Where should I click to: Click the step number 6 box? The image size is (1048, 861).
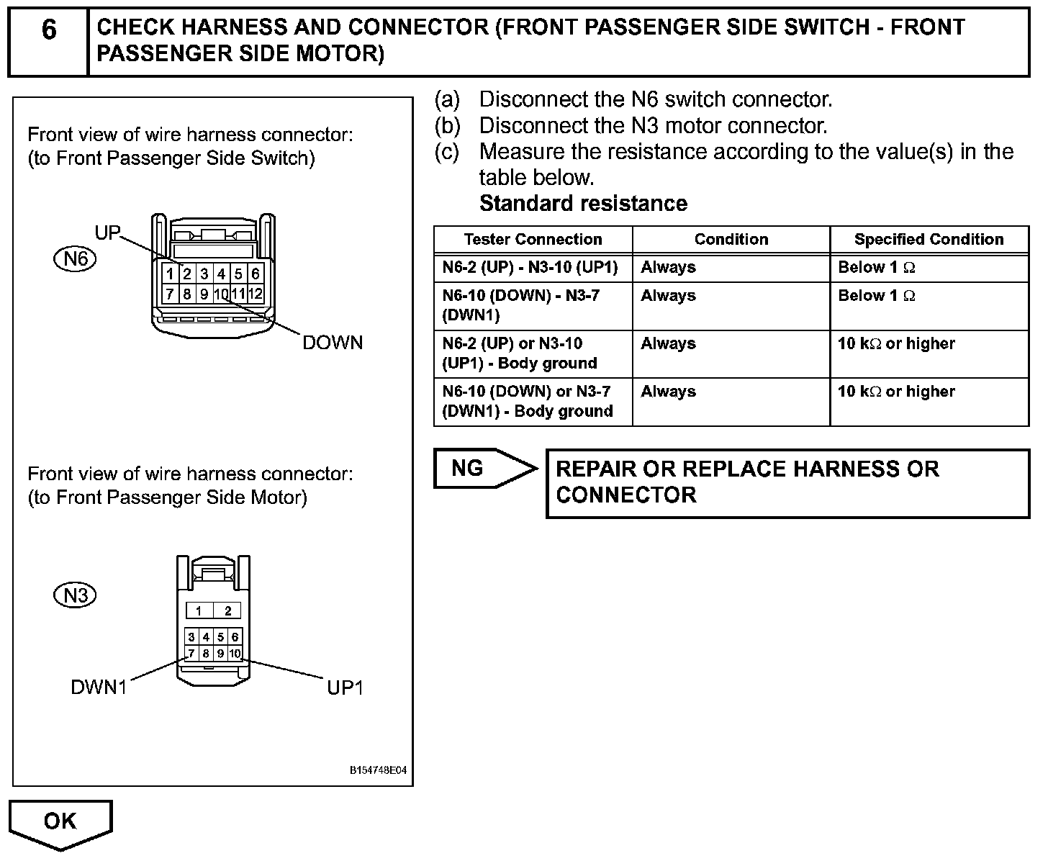[48, 42]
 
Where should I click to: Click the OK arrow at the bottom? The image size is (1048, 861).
[60, 821]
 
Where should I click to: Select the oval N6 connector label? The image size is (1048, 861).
[75, 258]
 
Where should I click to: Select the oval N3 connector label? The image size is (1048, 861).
[75, 595]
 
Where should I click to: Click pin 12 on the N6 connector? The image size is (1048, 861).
[255, 294]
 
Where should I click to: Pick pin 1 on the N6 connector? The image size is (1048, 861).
[170, 274]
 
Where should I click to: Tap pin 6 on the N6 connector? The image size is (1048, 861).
[255, 274]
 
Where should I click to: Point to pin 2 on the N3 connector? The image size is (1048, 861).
[227, 611]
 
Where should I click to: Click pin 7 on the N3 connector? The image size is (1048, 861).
[191, 654]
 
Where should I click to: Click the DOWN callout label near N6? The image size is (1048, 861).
[333, 343]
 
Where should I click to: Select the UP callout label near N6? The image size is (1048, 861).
[108, 233]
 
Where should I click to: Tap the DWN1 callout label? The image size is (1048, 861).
[99, 688]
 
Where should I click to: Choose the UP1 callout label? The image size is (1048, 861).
[345, 688]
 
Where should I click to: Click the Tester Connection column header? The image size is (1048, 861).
[533, 240]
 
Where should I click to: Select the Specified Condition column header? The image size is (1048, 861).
[929, 240]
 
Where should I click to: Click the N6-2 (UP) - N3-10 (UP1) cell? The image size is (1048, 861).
[530, 268]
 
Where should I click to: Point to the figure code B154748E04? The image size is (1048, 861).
[378, 770]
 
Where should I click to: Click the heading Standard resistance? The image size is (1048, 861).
[583, 204]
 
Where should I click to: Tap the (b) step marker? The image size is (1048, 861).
[447, 126]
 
